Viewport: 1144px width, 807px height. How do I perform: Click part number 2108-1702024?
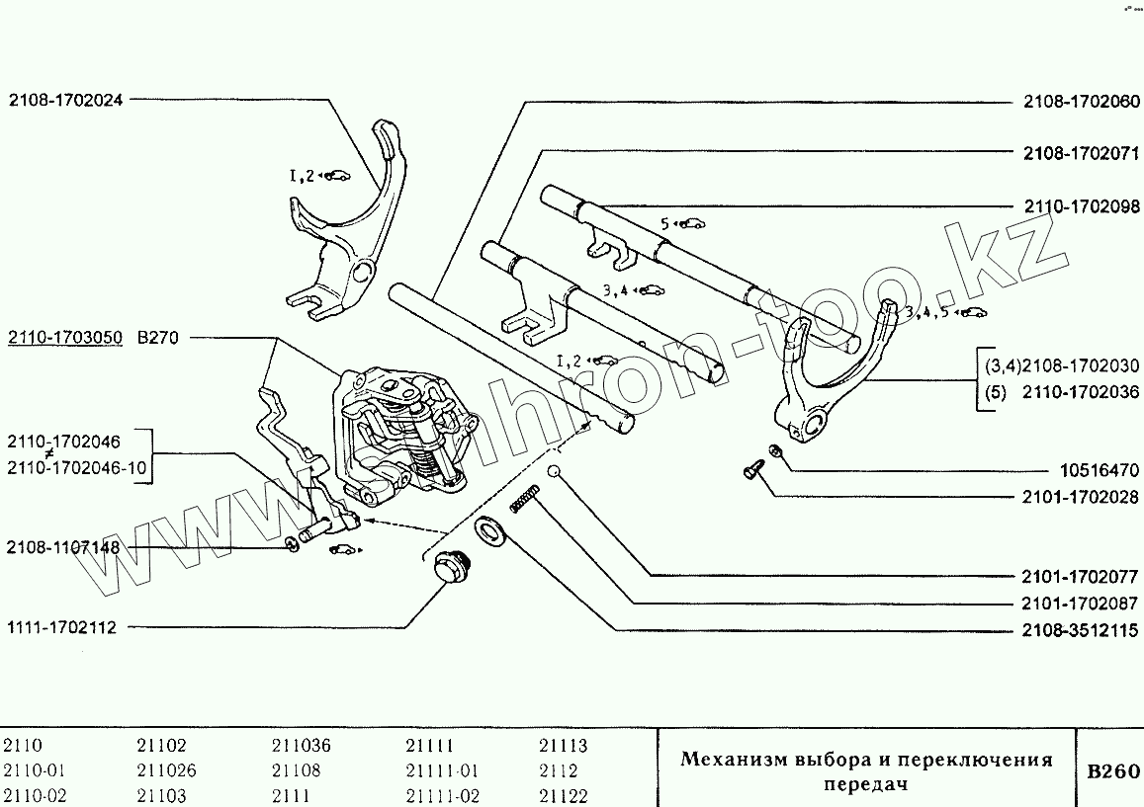66,99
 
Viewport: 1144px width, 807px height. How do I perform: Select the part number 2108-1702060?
1081,101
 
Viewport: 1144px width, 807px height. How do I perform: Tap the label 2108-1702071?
1081,153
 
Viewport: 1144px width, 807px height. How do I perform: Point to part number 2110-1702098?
1081,206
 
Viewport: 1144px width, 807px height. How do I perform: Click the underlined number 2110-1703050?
65,338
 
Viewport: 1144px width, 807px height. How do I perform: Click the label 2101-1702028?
1081,499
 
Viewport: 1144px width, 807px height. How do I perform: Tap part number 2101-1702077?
1081,575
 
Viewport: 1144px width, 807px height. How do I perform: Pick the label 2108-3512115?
1081,630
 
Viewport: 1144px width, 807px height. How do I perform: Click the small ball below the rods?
557,471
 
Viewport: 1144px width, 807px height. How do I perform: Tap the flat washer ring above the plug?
487,531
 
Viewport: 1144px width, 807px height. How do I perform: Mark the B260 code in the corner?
1112,771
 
